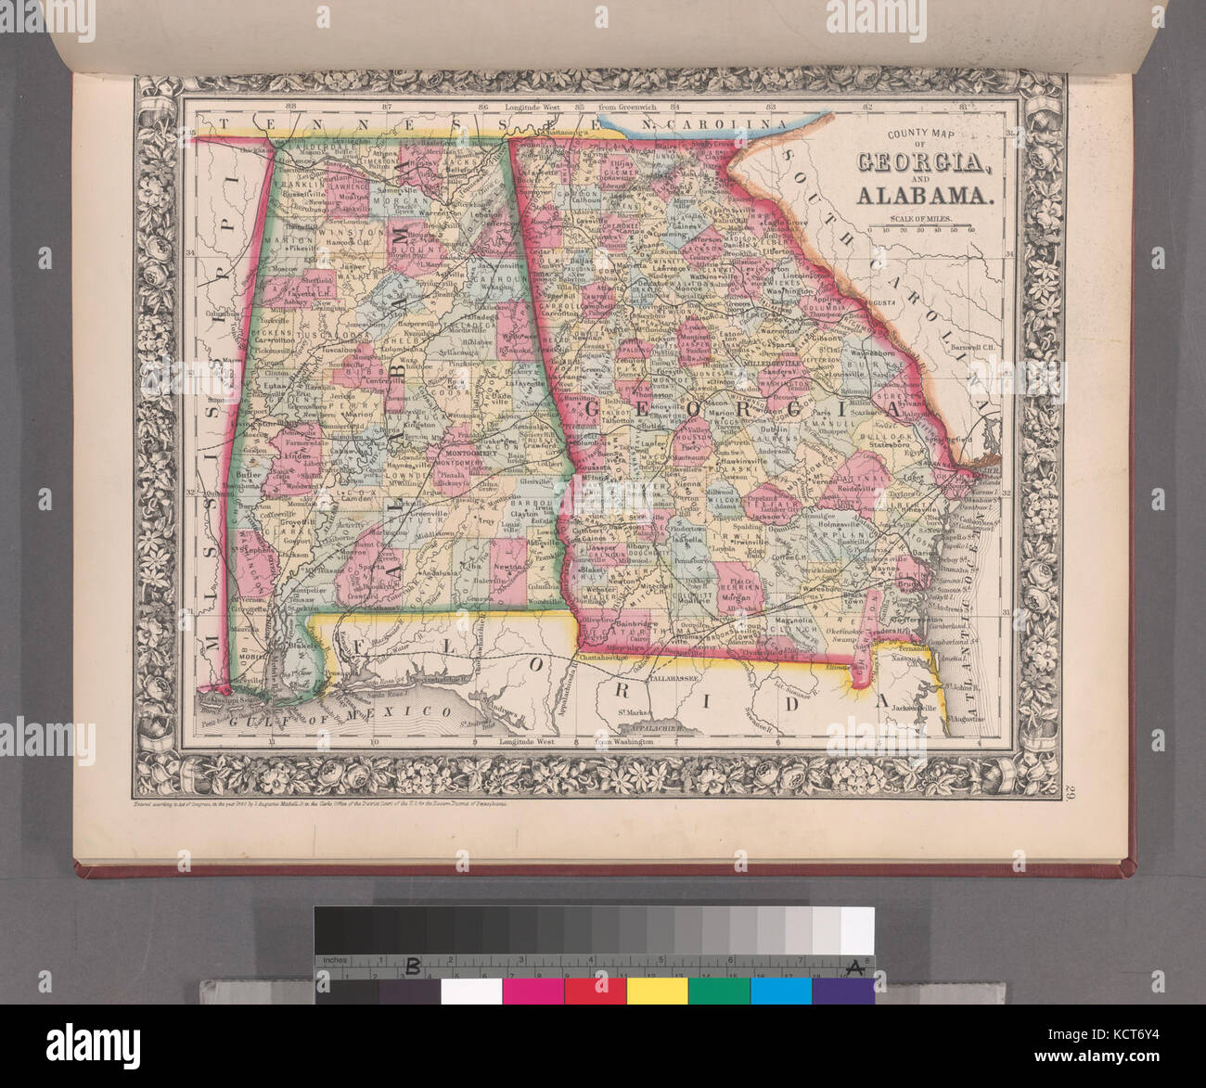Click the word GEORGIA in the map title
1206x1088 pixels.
tap(924, 162)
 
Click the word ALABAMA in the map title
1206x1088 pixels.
tap(924, 195)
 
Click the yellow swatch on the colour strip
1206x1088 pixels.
tap(657, 991)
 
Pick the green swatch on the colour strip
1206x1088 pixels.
tap(719, 991)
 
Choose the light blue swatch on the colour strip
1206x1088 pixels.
tap(780, 991)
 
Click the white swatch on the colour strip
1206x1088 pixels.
tap(471, 991)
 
